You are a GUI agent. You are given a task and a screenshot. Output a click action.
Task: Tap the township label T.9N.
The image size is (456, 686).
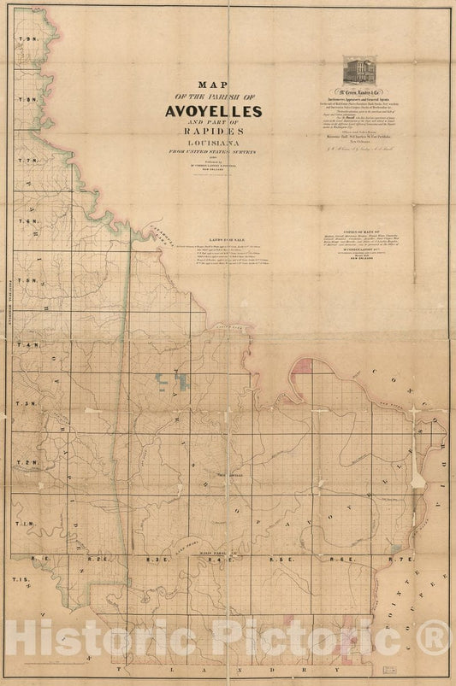(30, 41)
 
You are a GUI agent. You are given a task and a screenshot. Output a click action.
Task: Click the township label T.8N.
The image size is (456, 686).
(30, 100)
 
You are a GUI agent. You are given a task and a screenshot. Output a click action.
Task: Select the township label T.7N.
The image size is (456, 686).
(30, 161)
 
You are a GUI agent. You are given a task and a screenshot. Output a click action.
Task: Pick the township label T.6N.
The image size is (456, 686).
(30, 221)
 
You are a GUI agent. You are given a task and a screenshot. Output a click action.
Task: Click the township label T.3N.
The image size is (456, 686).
(30, 403)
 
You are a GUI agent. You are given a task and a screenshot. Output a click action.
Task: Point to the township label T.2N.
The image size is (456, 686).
(30, 463)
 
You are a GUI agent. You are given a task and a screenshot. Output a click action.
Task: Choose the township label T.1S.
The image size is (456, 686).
(27, 581)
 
